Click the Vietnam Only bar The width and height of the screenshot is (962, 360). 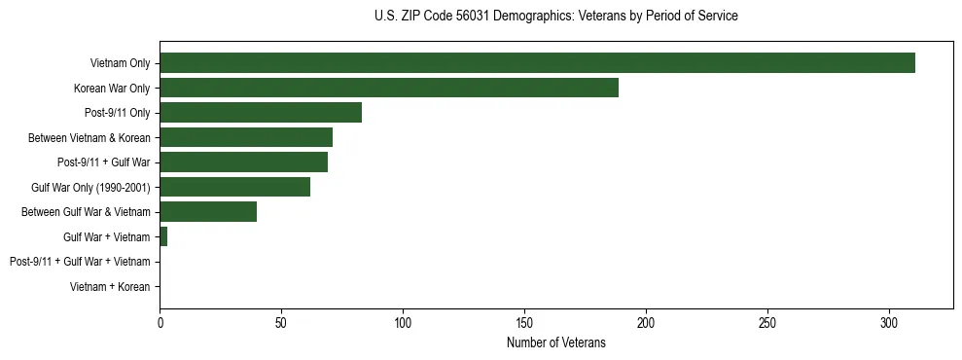coord(537,63)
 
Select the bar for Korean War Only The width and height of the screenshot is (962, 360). coord(389,88)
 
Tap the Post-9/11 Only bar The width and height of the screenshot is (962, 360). coord(261,113)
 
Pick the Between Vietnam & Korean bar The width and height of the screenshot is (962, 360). coord(246,137)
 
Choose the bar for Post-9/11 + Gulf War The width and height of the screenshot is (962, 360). coord(243,162)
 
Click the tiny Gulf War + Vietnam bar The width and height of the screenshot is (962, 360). coord(163,236)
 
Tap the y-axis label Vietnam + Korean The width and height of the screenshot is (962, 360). coord(110,286)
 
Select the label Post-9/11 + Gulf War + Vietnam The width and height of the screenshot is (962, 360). coord(80,262)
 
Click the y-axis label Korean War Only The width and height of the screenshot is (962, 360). coord(112,89)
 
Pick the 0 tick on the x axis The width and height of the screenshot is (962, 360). coord(160,321)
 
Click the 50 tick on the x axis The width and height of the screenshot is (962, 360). coord(281,321)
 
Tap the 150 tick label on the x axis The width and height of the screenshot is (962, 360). coord(524,321)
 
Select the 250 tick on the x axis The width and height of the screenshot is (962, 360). coord(767,321)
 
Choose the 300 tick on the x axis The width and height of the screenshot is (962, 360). coord(889,321)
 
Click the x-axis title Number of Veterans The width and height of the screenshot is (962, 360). coord(555,342)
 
